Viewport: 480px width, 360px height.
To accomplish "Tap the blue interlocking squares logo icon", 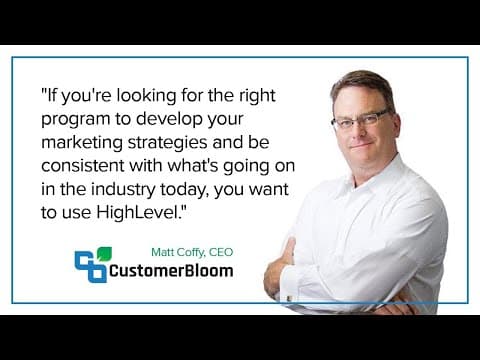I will tap(90, 267).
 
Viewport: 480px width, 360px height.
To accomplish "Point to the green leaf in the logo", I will tap(104, 254).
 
